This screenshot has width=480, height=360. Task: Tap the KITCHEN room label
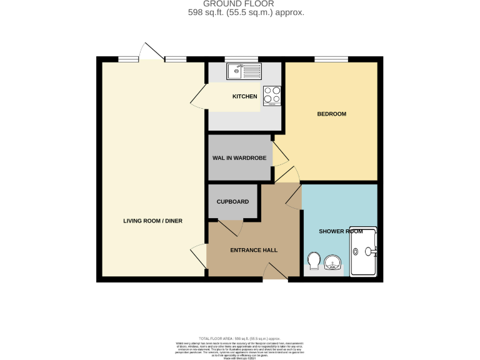(244, 97)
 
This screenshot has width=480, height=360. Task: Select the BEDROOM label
(331, 114)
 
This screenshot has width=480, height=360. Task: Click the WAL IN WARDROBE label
(239, 158)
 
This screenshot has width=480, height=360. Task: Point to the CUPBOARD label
(232, 202)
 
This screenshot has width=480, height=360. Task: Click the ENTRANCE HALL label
(254, 250)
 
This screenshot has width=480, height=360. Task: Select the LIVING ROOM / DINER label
(152, 221)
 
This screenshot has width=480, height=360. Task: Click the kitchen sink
(244, 71)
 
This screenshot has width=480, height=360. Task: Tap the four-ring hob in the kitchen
(272, 95)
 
